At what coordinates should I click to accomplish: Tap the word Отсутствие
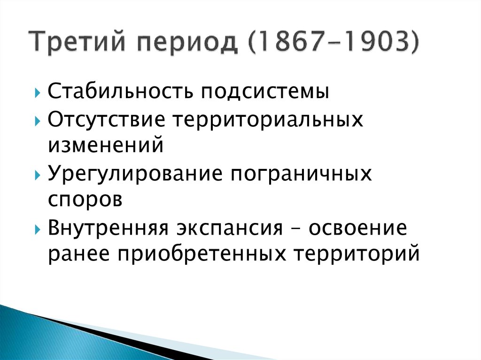[x=106, y=120]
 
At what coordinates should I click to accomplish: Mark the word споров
[x=85, y=200]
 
